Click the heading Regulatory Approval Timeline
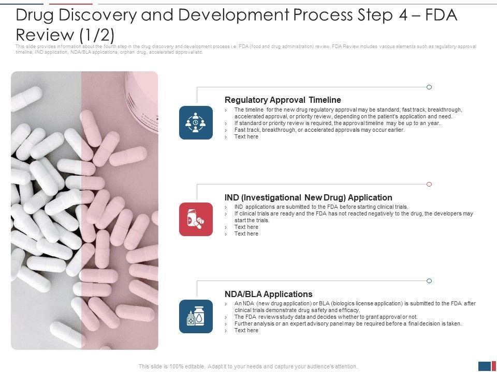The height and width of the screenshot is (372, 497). [x=283, y=100]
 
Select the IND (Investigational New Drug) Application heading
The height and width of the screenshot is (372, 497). [x=309, y=197]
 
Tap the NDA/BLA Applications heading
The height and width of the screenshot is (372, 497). [x=269, y=294]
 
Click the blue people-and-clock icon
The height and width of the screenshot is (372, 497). [x=196, y=123]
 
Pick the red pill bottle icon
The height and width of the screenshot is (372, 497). [x=196, y=220]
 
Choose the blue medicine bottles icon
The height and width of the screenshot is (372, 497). [x=196, y=316]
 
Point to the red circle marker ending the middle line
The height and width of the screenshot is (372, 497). [x=429, y=184]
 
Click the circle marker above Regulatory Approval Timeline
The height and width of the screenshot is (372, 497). [x=429, y=87]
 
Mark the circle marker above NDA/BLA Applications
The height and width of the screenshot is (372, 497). [x=429, y=281]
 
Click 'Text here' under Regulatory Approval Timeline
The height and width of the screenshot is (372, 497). [x=246, y=136]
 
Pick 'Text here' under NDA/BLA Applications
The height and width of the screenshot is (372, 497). [x=246, y=330]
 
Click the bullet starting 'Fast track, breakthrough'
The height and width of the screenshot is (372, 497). [x=319, y=130]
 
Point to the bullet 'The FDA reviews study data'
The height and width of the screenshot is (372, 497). [x=326, y=317]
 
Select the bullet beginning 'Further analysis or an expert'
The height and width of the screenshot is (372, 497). [x=348, y=323]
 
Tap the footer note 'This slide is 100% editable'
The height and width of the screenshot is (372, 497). [x=248, y=366]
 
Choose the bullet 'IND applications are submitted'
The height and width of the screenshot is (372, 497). [x=321, y=207]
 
